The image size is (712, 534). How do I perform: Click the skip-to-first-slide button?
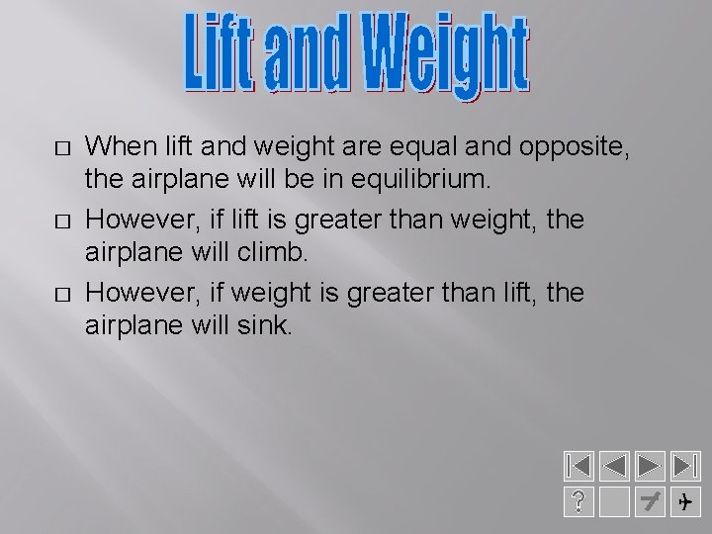click(578, 467)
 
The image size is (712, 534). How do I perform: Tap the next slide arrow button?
click(649, 467)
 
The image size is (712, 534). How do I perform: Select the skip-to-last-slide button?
click(684, 467)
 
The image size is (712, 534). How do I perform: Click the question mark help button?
click(578, 502)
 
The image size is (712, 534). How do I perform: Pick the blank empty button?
click(613, 502)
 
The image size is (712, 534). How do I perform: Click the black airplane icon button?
click(684, 502)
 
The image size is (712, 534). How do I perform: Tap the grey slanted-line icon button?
click(649, 502)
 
